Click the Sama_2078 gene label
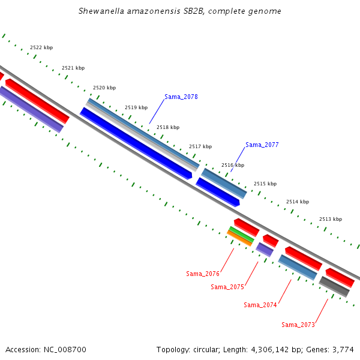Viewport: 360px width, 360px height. (x=181, y=97)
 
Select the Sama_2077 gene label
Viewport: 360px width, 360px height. (x=262, y=145)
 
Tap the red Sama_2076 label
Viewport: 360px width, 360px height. (x=203, y=274)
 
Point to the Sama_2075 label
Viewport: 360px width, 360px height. (x=227, y=287)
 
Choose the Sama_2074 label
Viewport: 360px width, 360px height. (x=260, y=305)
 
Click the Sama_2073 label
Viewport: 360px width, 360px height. (x=298, y=325)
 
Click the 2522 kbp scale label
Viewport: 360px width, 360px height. (x=41, y=47)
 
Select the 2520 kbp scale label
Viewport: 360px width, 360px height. (x=104, y=88)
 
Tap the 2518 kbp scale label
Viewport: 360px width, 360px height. (x=168, y=127)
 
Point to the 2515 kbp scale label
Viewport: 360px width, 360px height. (x=265, y=184)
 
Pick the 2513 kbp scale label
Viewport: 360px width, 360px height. (x=331, y=219)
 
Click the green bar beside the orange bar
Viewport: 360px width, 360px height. (x=242, y=235)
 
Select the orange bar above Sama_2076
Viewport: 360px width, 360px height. (x=239, y=239)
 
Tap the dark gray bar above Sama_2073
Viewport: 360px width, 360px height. (x=334, y=287)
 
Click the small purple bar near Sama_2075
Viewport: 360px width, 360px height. (x=265, y=250)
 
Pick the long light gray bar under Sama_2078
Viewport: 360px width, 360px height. (x=142, y=137)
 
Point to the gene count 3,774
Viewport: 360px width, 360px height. (x=343, y=350)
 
